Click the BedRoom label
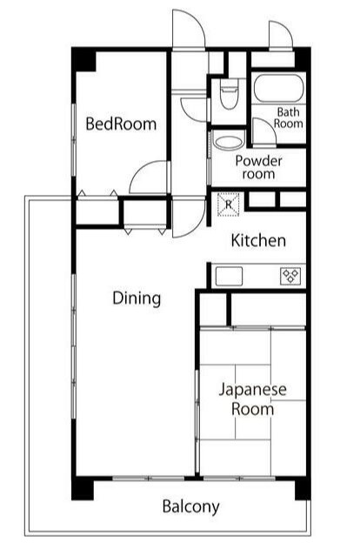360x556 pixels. (x=122, y=124)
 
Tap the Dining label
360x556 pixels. (x=137, y=298)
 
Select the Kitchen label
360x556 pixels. (x=258, y=241)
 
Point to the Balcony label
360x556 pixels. (x=190, y=506)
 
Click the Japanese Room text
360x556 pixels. (x=252, y=399)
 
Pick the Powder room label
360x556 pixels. (x=258, y=167)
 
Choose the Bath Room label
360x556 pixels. (x=289, y=117)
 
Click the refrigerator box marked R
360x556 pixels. (x=228, y=204)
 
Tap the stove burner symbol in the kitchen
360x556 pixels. (x=290, y=276)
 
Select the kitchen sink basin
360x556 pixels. (x=229, y=276)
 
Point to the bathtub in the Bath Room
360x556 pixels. (x=277, y=89)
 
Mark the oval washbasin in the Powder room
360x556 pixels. (x=229, y=142)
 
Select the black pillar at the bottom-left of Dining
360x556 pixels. (x=82, y=488)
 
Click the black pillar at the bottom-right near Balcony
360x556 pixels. (x=302, y=488)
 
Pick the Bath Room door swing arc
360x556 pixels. (x=263, y=132)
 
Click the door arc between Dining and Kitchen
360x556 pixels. (x=188, y=219)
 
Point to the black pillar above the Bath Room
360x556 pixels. (x=302, y=58)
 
